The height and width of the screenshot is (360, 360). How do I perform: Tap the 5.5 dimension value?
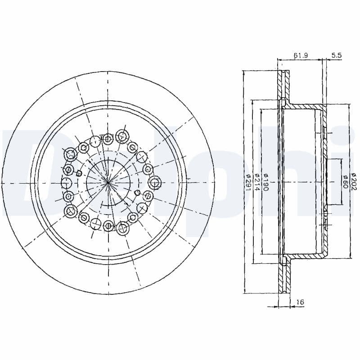click(337, 55)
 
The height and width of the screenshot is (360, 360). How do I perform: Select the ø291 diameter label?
click(248, 182)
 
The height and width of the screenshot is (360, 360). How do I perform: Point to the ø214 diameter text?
click(257, 182)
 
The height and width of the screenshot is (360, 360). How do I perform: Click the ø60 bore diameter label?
click(345, 182)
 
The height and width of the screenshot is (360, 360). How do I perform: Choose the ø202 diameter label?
click(354, 182)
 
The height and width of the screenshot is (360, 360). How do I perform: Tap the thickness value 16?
click(299, 302)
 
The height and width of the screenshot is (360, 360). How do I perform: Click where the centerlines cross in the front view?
click(108, 182)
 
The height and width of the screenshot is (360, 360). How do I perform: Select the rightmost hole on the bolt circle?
click(155, 183)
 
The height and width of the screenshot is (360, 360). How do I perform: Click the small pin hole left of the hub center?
click(79, 172)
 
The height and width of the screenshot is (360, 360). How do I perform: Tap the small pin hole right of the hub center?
click(137, 193)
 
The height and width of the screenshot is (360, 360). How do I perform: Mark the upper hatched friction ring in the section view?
click(283, 85)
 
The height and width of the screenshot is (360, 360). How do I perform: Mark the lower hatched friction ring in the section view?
click(283, 279)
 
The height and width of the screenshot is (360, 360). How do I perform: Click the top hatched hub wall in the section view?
click(306, 106)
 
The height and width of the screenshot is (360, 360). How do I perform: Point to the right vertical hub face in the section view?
click(324, 182)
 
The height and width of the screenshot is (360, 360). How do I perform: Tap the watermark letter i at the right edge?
click(349, 180)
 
